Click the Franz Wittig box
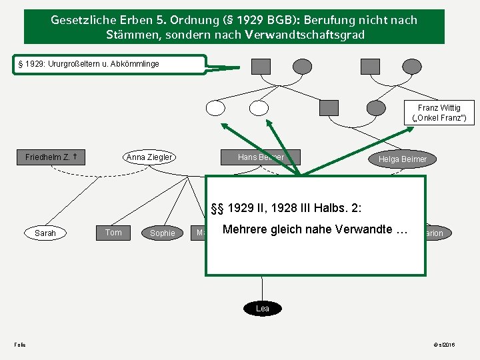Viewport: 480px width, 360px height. click(x=439, y=113)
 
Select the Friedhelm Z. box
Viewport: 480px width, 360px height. click(x=51, y=157)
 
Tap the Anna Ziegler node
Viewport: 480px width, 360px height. click(x=150, y=157)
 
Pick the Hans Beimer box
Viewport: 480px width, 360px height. click(x=261, y=157)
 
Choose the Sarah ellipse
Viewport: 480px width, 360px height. click(x=45, y=233)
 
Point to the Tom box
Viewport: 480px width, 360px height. click(x=113, y=232)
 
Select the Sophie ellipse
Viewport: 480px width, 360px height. click(x=163, y=233)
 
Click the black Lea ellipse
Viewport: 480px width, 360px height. click(x=263, y=308)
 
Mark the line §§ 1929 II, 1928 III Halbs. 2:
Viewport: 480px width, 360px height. click(x=286, y=207)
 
